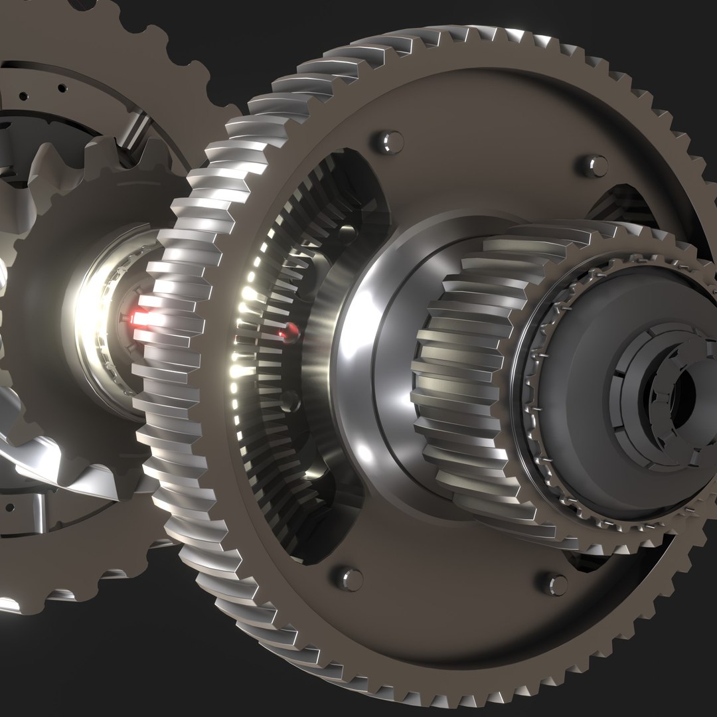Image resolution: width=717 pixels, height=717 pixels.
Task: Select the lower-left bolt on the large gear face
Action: point(350,578)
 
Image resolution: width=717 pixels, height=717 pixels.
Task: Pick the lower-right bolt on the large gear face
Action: point(556,584)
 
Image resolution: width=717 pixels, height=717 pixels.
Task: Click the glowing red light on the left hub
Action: point(139,319)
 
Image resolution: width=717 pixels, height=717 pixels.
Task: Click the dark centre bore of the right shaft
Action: point(683,395)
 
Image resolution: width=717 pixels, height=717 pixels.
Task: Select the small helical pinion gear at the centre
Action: point(465,372)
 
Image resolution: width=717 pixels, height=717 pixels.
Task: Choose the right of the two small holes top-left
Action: point(62,88)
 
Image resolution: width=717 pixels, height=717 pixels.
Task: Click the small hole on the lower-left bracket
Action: point(9,508)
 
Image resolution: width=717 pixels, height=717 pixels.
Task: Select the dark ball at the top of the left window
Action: point(347,232)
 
